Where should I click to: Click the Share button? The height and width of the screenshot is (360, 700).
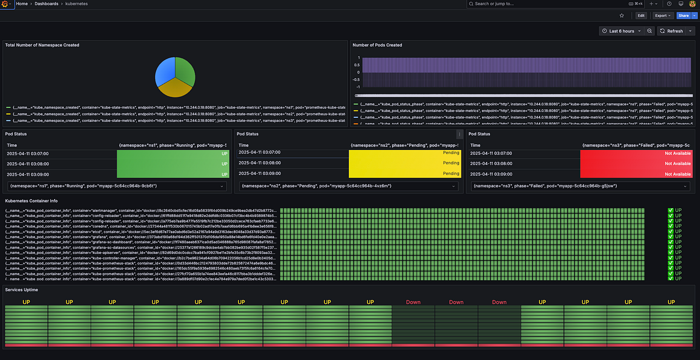point(682,16)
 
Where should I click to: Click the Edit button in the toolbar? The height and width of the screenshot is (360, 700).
point(641,16)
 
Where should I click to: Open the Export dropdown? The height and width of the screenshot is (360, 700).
point(662,16)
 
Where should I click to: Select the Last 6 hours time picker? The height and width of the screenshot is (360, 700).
point(621,31)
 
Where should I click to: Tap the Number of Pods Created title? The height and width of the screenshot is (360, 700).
point(377,45)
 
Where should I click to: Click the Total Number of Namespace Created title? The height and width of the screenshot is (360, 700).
point(42,45)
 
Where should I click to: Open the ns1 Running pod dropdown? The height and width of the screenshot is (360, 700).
point(117,186)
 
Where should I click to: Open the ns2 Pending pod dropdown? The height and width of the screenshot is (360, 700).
point(348,186)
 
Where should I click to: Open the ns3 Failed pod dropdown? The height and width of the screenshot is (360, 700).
point(580,186)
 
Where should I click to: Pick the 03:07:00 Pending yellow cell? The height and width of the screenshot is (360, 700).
point(404,153)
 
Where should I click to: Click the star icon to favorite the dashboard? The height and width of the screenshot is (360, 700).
point(622,16)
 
